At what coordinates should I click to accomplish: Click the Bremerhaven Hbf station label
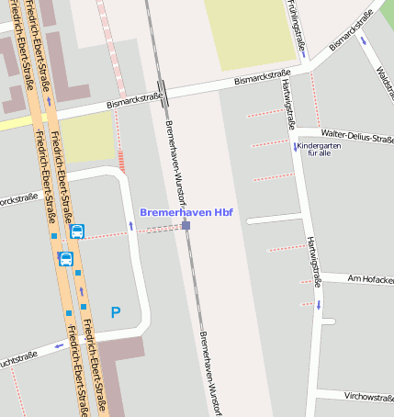click(x=186, y=212)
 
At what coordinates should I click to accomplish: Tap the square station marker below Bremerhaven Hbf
click(x=186, y=225)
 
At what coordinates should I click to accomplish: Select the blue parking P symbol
click(x=116, y=312)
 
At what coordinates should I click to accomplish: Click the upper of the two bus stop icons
click(x=77, y=231)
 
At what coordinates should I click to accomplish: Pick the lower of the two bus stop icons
click(x=66, y=259)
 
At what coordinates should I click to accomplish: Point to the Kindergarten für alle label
click(x=320, y=150)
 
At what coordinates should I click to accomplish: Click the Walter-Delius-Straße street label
click(x=357, y=135)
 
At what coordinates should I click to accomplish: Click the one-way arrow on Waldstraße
click(x=365, y=40)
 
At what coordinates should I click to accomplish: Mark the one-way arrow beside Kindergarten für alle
click(x=295, y=147)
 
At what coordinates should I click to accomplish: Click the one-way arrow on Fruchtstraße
click(x=58, y=346)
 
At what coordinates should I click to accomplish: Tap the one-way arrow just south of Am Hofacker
click(x=320, y=304)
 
